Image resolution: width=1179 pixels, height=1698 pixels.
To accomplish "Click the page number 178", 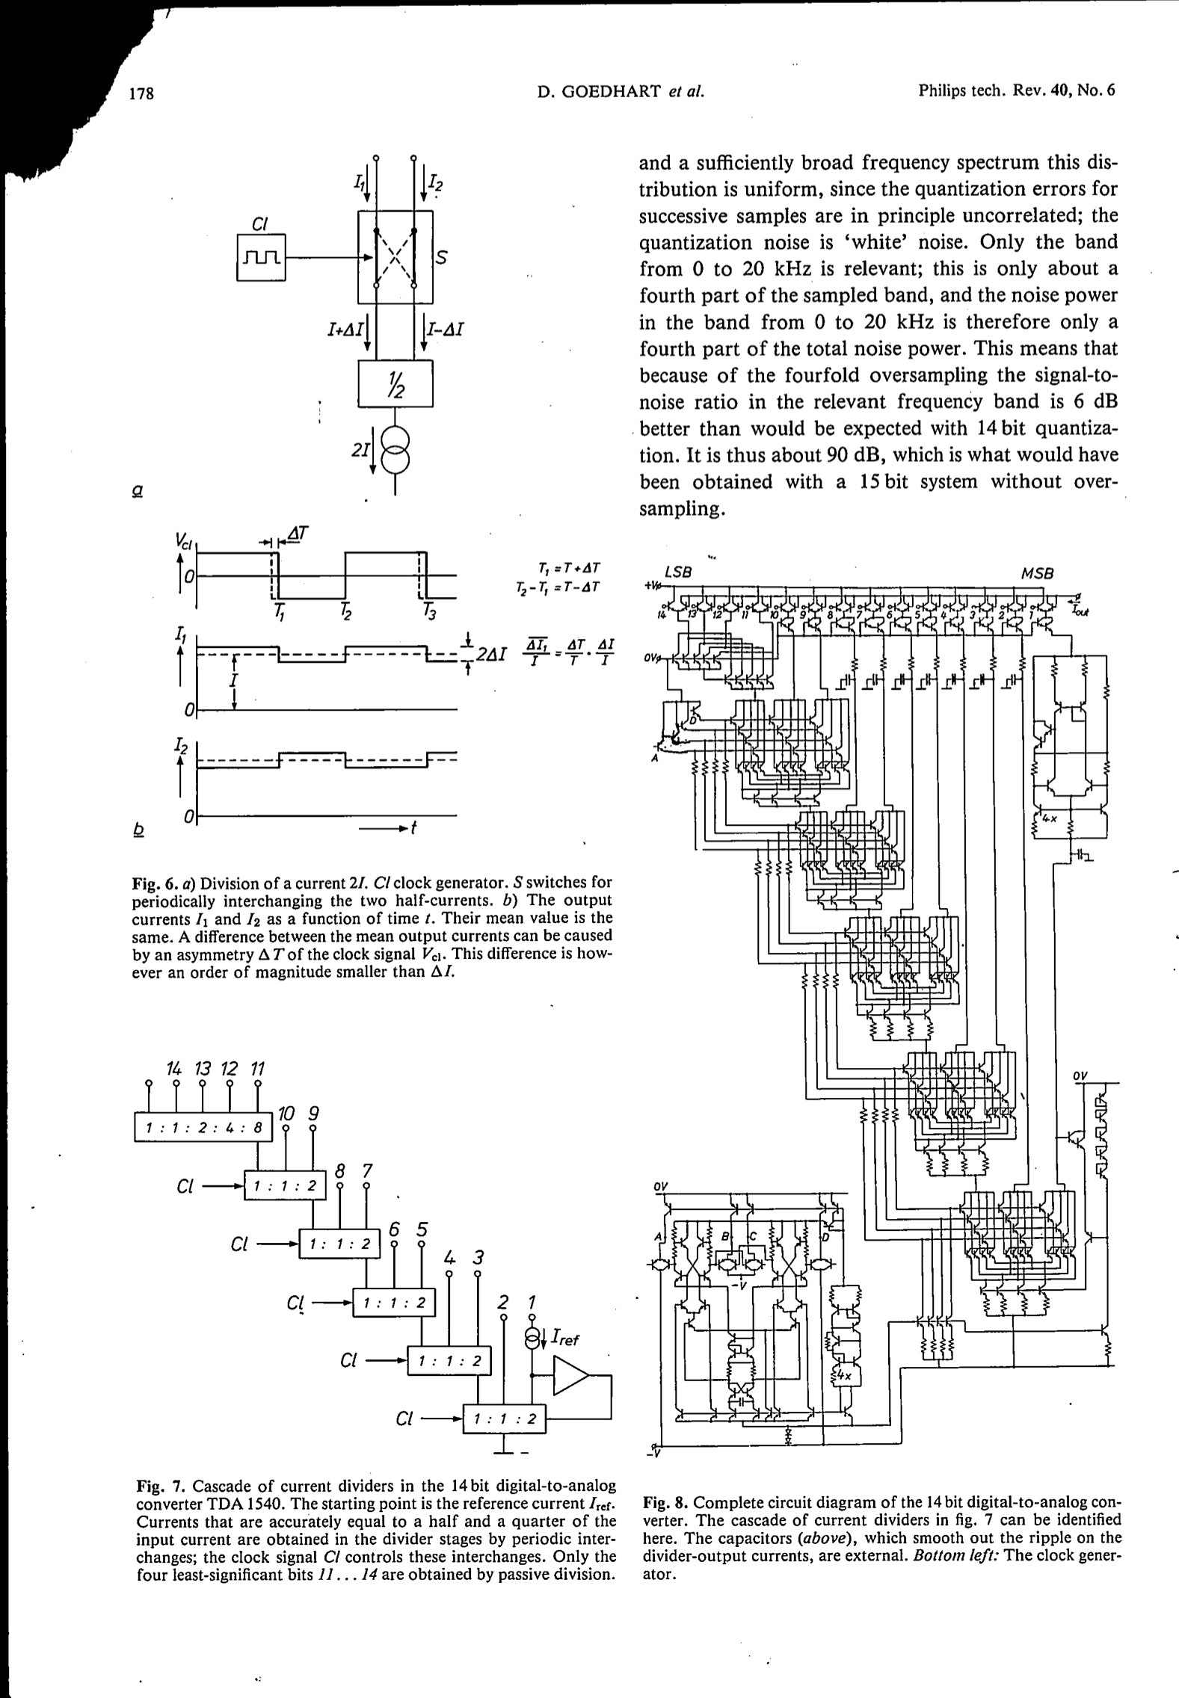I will (141, 93).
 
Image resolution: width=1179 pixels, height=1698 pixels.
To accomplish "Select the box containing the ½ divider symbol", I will (395, 383).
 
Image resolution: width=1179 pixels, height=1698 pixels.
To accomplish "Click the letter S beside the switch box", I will (442, 257).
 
